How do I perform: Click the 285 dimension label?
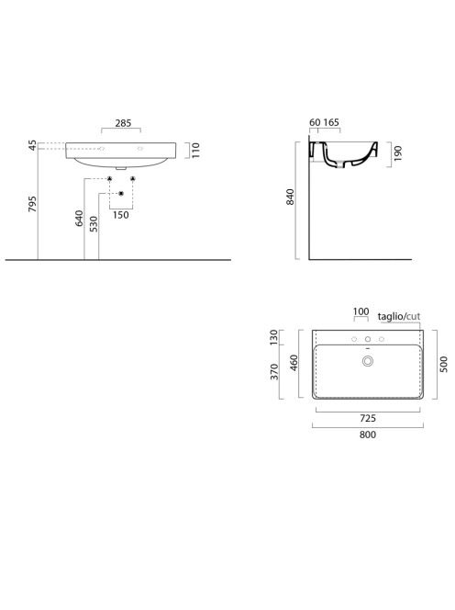[x=123, y=123]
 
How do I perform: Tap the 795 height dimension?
[x=33, y=204]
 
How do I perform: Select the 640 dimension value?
[x=79, y=219]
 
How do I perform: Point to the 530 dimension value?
[x=94, y=224]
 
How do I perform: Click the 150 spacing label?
[x=121, y=215]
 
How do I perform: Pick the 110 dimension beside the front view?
[x=195, y=150]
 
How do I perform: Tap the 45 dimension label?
[x=33, y=145]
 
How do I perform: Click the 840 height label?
[x=290, y=197]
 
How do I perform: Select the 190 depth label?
[x=397, y=153]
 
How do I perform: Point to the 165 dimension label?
[x=331, y=122]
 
